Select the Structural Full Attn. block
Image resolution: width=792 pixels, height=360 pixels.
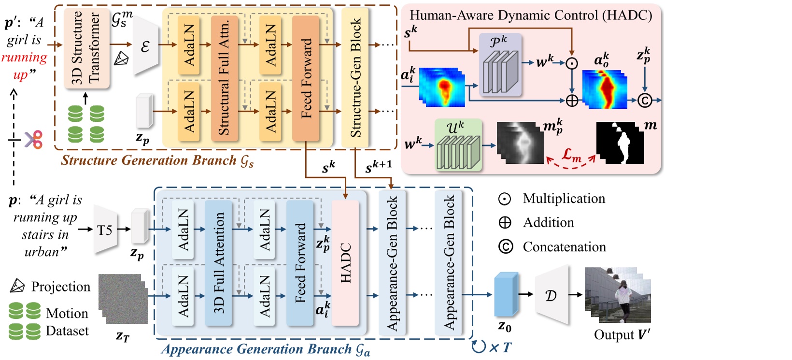tap(224, 77)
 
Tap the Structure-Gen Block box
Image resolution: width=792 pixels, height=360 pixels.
tap(355, 77)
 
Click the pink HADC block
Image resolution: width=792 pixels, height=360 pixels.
tap(345, 263)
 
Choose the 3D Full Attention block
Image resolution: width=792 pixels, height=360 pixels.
tap(218, 263)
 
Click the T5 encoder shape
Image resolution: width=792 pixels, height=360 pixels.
tap(105, 230)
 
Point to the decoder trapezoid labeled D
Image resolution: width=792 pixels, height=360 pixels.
tap(551, 295)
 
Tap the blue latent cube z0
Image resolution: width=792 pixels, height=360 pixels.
tap(506, 295)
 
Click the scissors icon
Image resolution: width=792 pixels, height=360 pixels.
tap(33, 140)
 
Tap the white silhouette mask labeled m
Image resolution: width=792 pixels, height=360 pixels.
tap(620, 143)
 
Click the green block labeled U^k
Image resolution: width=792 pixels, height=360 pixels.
tap(458, 145)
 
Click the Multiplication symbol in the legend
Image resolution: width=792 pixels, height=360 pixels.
tap(505, 199)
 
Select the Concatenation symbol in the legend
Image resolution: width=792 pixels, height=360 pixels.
tap(505, 247)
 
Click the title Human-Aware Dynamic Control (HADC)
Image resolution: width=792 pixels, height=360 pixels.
tap(531, 15)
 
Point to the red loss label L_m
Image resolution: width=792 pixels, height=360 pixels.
tap(571, 156)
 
